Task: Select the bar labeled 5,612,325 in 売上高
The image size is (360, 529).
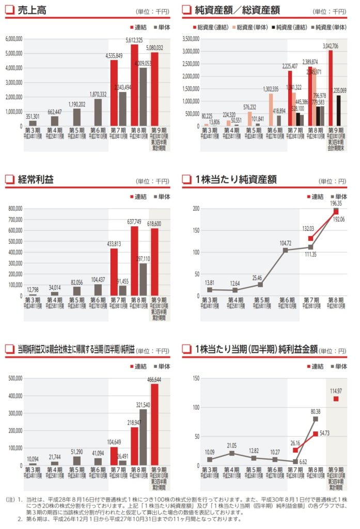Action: pos(135,85)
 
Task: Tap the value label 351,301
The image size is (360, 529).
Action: pos(32,116)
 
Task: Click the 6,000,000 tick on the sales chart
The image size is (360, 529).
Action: pos(13,39)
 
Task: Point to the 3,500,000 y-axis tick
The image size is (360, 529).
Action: pos(191,39)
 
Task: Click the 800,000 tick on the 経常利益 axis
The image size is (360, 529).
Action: pos(15,209)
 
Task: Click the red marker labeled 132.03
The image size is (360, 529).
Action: pos(310,238)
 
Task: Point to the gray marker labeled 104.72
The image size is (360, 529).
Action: pos(285,250)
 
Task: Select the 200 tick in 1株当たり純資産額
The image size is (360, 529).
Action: pos(196,209)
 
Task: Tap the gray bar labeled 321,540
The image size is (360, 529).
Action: pos(143,437)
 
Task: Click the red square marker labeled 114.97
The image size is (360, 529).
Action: pos(336,398)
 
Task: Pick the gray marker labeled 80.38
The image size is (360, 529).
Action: pos(315,418)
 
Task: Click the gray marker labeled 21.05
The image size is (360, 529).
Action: pos(232,453)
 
